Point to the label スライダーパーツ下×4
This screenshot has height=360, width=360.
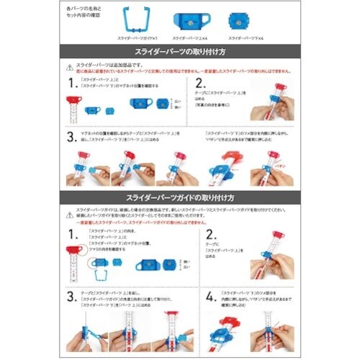coord(241,37)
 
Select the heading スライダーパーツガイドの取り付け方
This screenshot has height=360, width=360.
coord(179,197)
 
